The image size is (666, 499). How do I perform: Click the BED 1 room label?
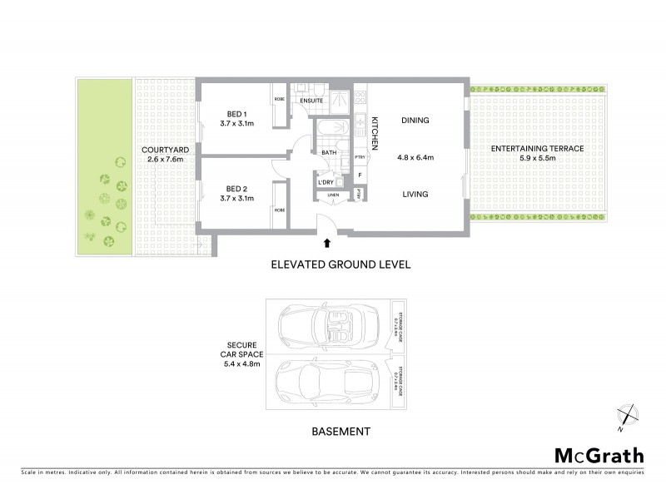(x=236, y=114)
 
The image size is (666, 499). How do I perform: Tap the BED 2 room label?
(x=236, y=188)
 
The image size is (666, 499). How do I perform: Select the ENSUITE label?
(x=311, y=101)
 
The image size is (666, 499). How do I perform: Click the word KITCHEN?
(x=375, y=133)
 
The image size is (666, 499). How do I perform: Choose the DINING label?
(x=415, y=121)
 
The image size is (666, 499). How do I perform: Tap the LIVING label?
(x=415, y=195)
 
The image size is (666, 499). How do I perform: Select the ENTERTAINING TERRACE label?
(x=537, y=148)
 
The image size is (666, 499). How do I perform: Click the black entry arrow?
(x=326, y=244)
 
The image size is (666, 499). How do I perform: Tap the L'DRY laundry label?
(x=326, y=181)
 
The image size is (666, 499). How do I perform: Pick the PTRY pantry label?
(x=360, y=157)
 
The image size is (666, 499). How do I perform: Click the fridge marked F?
(x=360, y=175)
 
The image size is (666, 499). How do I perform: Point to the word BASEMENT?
(x=340, y=432)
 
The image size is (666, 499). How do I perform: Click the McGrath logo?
(x=599, y=455)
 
